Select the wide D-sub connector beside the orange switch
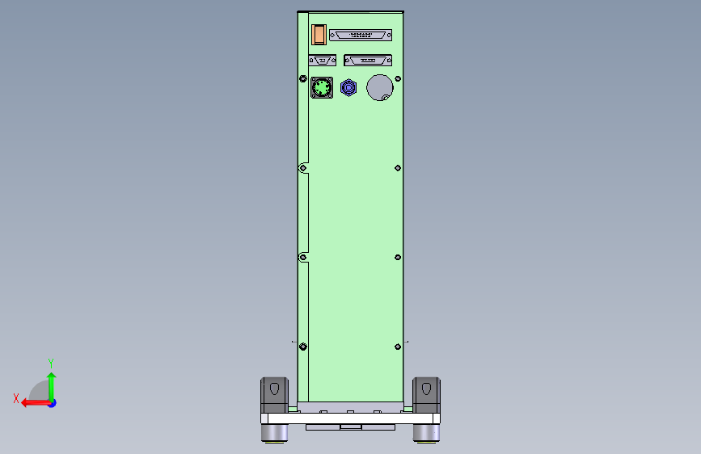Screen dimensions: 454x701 (360, 36)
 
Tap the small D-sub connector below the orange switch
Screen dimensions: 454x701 (323, 61)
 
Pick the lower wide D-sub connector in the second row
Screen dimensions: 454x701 (368, 61)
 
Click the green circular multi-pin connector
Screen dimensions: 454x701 (322, 87)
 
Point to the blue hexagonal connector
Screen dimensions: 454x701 (348, 87)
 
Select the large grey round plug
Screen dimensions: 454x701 (379, 87)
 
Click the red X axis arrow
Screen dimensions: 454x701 (34, 402)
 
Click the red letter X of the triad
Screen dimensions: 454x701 (15, 398)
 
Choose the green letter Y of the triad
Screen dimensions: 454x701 (51, 364)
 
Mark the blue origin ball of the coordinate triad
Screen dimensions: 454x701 (52, 402)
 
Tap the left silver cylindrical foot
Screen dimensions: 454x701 (274, 433)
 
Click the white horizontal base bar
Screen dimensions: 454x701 (349, 418)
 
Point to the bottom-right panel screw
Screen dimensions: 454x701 (397, 347)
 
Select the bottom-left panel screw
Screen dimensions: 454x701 (302, 347)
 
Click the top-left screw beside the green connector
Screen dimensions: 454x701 (302, 79)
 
